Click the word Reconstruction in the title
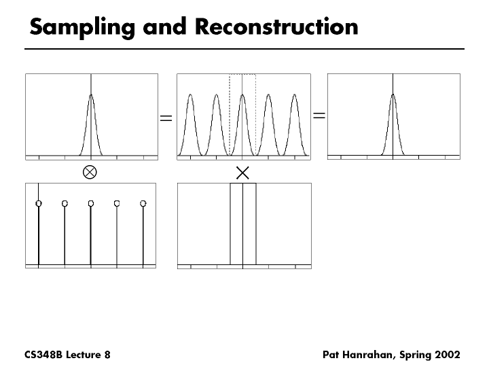click(x=276, y=27)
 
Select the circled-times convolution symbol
click(x=89, y=172)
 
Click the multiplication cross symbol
click(x=242, y=173)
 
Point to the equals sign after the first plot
click(x=166, y=118)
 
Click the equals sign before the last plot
click(x=319, y=116)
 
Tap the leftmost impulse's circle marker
click(x=39, y=203)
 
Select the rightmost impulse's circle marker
click(x=143, y=203)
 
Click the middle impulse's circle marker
click(x=91, y=203)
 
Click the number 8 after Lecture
click(x=107, y=355)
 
